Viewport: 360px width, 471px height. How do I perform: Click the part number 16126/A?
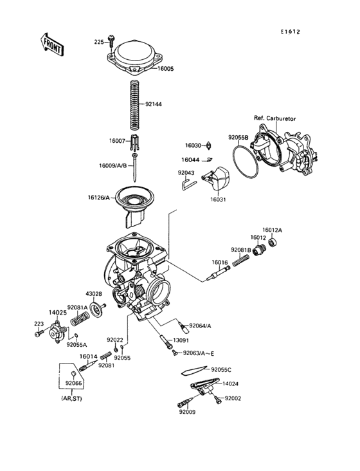tap(100, 198)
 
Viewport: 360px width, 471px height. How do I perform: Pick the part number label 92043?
tap(186, 172)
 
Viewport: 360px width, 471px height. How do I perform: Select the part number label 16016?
tap(221, 263)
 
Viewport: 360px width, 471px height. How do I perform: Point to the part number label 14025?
tap(59, 312)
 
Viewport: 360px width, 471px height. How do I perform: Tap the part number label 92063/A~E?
tap(198, 353)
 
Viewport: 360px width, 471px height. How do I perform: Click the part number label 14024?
tap(230, 384)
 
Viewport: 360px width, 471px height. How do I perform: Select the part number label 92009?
tap(187, 411)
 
